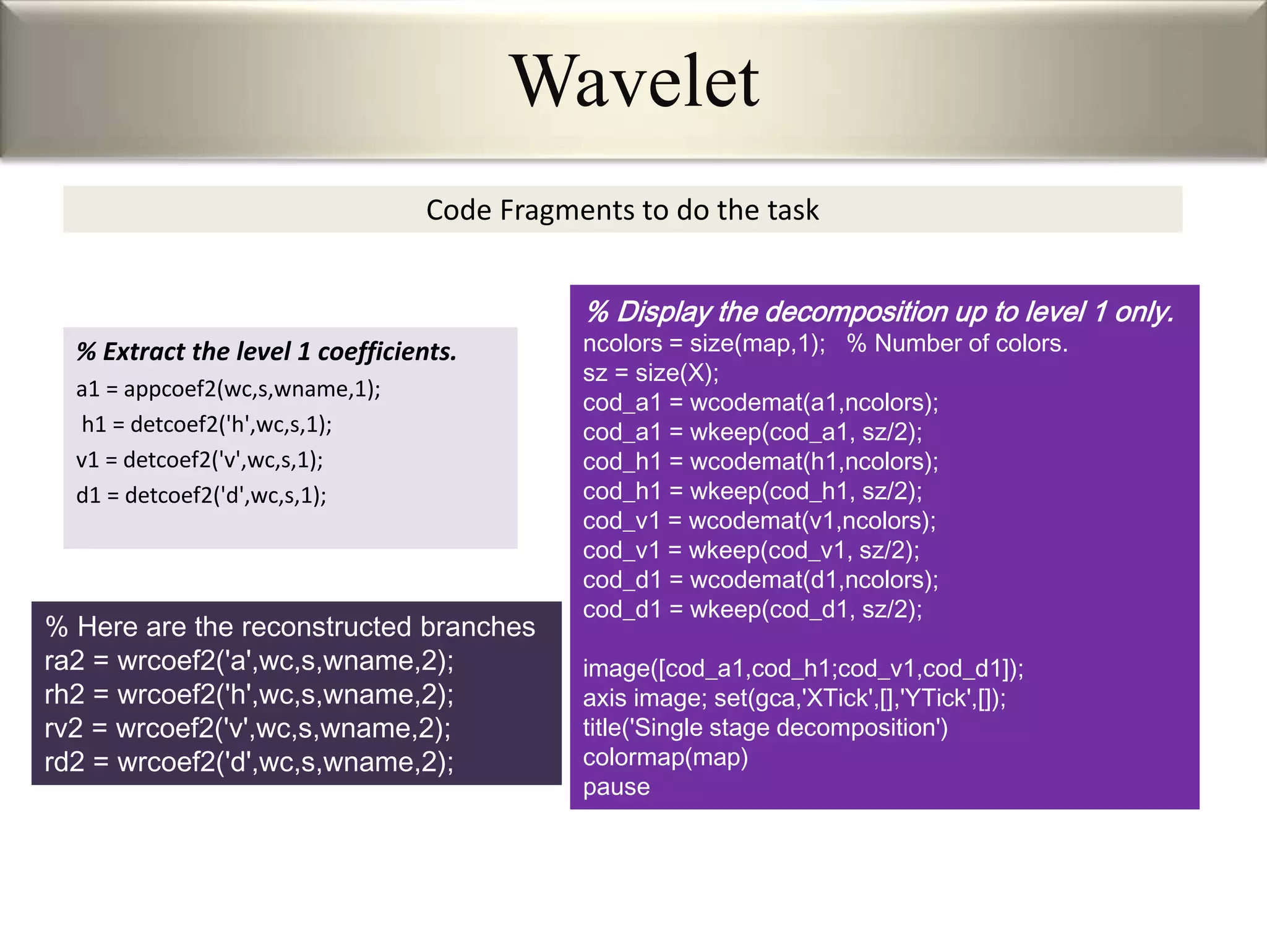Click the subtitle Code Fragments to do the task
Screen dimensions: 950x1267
(622, 210)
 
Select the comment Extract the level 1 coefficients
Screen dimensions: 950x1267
(266, 351)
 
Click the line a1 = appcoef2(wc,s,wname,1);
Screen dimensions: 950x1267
(228, 389)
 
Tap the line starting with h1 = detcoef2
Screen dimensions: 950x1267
(207, 424)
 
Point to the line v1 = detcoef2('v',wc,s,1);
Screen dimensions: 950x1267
(199, 460)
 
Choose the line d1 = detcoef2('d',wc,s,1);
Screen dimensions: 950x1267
(201, 495)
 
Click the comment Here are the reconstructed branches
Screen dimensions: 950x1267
(290, 627)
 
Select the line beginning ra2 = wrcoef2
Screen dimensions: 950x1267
(249, 661)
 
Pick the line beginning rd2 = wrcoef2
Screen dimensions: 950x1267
(249, 762)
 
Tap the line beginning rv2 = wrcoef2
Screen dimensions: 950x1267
(247, 728)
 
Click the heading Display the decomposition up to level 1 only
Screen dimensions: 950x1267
(879, 312)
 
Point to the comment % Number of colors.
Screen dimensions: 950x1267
(957, 343)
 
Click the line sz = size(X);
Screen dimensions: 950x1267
(651, 373)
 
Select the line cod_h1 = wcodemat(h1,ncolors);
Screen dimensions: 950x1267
(760, 461)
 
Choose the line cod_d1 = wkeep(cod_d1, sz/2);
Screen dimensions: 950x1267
(752, 609)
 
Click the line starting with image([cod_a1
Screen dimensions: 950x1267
(803, 669)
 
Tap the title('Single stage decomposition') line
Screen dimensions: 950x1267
(765, 727)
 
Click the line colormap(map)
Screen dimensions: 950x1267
(665, 757)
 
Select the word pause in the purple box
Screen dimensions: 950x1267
(616, 787)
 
